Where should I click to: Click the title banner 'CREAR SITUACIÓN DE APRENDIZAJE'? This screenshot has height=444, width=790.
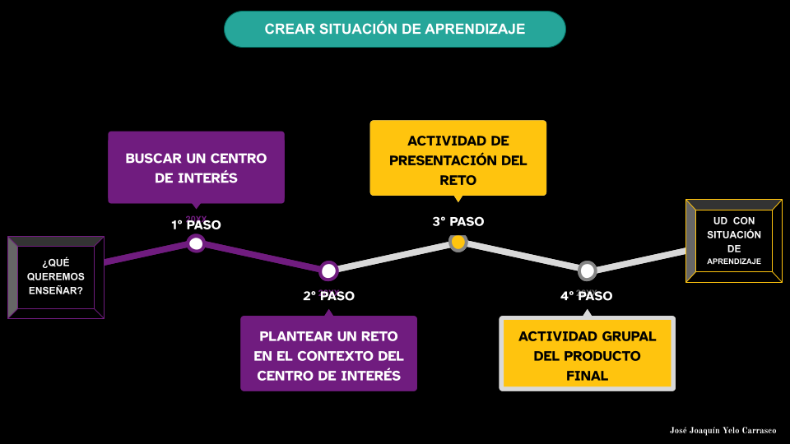(x=395, y=29)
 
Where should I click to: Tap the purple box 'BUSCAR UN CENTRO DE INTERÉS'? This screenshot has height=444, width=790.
(x=196, y=167)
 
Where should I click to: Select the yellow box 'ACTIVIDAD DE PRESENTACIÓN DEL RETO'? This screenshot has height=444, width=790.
(x=458, y=158)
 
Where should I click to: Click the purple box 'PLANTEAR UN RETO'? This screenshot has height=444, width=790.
(x=328, y=354)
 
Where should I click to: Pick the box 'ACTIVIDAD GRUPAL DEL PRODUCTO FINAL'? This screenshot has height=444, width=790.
(x=588, y=354)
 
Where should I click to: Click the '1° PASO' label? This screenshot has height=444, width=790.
(x=197, y=224)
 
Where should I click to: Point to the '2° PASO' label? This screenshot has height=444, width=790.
(x=328, y=296)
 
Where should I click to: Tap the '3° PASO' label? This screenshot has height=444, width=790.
(x=458, y=221)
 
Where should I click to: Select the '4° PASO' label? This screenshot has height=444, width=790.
(x=587, y=296)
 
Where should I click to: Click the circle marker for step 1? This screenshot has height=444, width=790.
(x=196, y=243)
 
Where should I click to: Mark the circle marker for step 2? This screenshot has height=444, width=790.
(x=328, y=271)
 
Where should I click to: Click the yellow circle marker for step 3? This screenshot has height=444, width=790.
(x=458, y=243)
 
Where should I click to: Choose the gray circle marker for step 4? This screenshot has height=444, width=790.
(x=587, y=271)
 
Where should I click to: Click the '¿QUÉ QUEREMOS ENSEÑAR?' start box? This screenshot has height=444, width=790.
(x=56, y=277)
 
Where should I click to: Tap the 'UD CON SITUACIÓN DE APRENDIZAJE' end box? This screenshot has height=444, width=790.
(x=734, y=241)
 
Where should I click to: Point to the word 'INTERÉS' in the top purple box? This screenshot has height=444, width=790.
(x=208, y=178)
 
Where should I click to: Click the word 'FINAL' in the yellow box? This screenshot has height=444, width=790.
(x=588, y=376)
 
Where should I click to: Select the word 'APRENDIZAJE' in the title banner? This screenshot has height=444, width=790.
(x=475, y=29)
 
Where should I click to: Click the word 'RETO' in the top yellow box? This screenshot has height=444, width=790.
(x=458, y=180)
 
